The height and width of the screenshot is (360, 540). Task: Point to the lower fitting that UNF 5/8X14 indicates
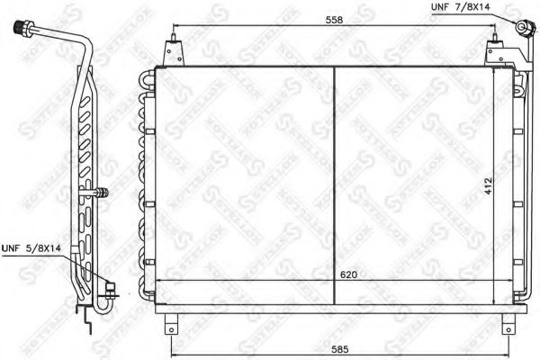point(111,289)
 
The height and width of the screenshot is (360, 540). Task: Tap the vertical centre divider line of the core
point(334,180)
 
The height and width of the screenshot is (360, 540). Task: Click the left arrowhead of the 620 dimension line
point(161,283)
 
